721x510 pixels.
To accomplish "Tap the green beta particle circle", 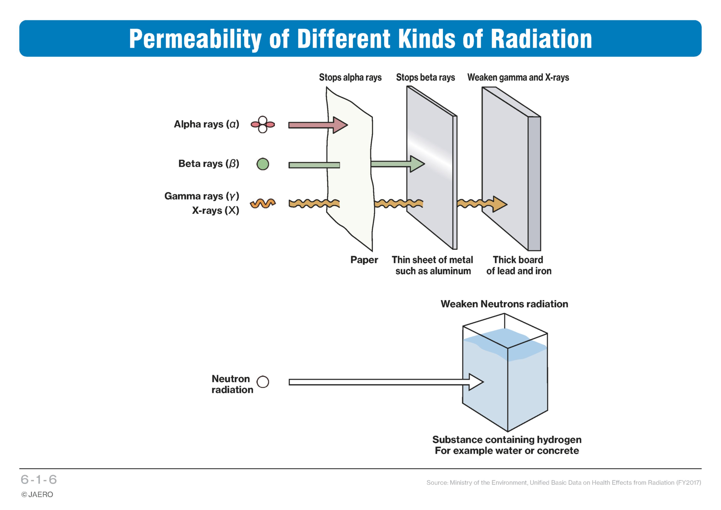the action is (263, 164).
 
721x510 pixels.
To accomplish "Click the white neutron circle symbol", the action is (263, 382).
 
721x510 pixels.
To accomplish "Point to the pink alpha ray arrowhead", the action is (340, 125).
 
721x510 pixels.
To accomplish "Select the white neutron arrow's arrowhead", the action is (476, 382).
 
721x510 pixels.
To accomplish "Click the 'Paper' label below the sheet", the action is (364, 260).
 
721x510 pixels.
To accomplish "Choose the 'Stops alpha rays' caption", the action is (350, 77).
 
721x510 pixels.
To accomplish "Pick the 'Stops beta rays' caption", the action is (425, 77).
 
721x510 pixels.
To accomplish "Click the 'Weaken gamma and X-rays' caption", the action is (518, 77).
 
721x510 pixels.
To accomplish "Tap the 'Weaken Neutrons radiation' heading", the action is (504, 304).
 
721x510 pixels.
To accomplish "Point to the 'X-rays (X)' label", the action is (216, 210).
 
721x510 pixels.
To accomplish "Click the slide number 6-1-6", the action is (39, 480).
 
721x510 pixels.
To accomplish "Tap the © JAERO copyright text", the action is (37, 495).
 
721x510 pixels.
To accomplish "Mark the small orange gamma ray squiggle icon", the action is (263, 204).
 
